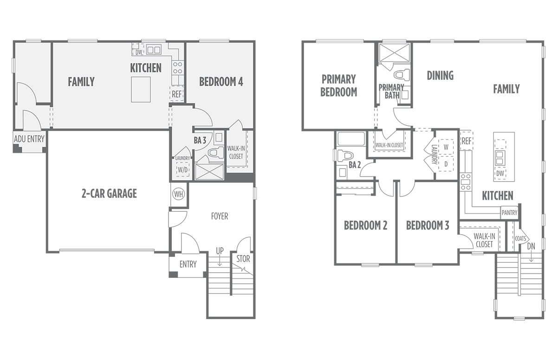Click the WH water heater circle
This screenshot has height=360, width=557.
point(179,194)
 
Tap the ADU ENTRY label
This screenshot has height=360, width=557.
point(29,139)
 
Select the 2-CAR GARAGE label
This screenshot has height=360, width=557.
point(109,194)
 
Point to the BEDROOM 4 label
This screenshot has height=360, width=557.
point(221,82)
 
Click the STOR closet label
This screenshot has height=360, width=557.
point(243,259)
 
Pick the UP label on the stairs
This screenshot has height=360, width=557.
point(220,251)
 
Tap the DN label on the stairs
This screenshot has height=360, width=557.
point(531,246)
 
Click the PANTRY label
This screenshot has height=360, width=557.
point(509,213)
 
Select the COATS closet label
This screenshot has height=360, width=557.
point(520,239)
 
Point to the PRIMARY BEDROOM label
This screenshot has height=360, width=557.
point(339,85)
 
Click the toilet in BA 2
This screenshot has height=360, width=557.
point(345,156)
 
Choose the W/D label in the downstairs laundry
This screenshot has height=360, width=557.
point(182,170)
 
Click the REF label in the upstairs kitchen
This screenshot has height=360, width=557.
point(466,141)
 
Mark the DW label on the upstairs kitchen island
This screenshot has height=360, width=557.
point(500,173)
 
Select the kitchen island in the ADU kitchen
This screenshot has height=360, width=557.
point(141,90)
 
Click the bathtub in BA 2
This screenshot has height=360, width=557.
point(351,139)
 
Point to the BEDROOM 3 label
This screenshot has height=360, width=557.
point(427,225)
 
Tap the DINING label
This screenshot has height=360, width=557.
point(440,75)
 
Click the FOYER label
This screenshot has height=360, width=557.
point(219,216)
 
